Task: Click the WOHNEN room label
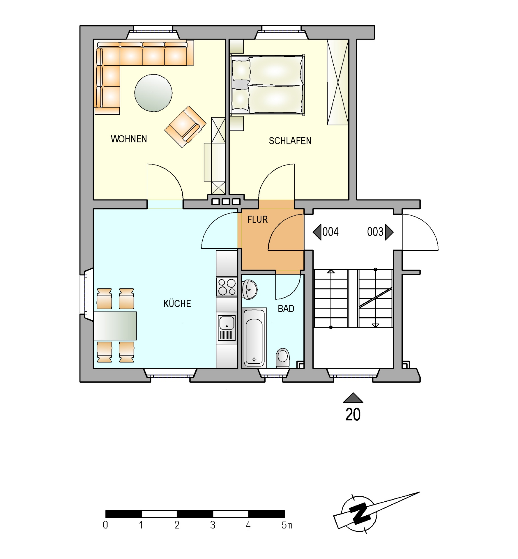pos(129,139)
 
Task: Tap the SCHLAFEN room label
pos(290,141)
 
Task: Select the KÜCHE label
pos(177,303)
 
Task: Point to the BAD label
pos(286,309)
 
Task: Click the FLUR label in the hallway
pos(257,220)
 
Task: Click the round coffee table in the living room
pos(153,93)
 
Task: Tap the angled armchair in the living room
pos(185,127)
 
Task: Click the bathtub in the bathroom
pos(254,337)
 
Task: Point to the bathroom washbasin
pos(250,289)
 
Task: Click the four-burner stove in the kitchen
pos(227,287)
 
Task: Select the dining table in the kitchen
pos(115,326)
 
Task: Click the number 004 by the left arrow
pos(330,232)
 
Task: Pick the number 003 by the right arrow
pos(375,232)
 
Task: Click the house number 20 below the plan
pos(353,415)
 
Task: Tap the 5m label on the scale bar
pos(287,525)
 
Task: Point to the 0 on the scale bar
pos(105,525)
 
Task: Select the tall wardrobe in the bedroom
pos(338,82)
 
